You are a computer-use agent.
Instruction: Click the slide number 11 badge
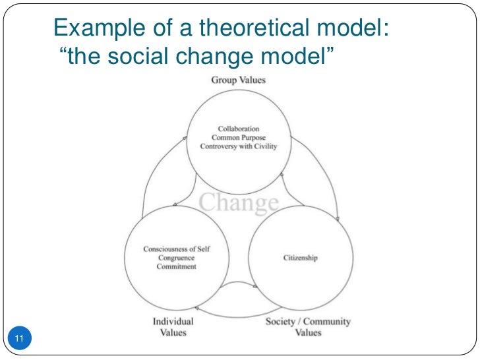tap(18, 339)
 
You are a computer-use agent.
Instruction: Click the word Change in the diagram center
tap(239, 202)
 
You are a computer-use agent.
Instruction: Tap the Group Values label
tap(238, 80)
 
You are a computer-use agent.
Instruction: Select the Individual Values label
tap(173, 327)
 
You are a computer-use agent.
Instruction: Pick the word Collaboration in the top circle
tap(239, 128)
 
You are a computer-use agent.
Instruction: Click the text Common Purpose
tap(239, 137)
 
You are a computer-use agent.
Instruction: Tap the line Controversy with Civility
tap(239, 146)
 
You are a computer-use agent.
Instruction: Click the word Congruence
tap(177, 258)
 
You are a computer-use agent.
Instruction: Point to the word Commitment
tap(177, 267)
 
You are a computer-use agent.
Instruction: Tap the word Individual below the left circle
tap(173, 322)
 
